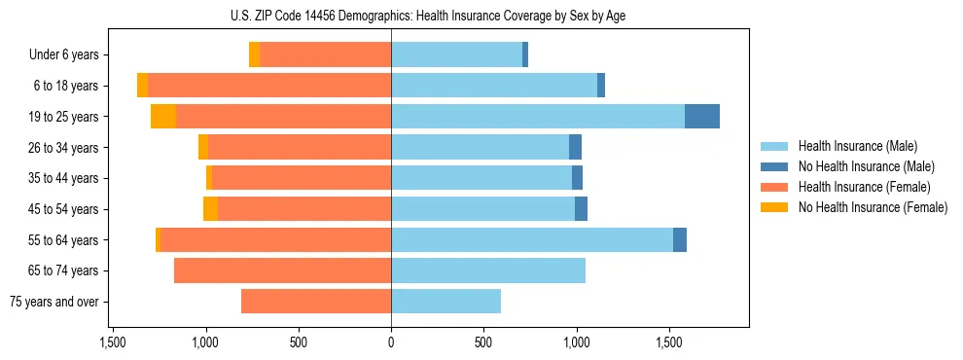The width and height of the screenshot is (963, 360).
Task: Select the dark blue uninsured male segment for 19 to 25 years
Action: pos(701,117)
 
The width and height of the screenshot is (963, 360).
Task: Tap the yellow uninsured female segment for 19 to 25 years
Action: pos(163,117)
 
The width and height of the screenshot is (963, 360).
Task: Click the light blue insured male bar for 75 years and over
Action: pos(446,302)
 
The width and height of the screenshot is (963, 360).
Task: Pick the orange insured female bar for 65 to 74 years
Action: pos(282,270)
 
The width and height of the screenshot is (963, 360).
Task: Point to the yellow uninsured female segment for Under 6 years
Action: pos(254,54)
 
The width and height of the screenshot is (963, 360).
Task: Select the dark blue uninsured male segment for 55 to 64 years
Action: pos(679,239)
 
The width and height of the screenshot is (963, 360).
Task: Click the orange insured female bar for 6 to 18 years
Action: pos(269,86)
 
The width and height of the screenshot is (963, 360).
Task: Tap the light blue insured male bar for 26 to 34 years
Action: pos(480,147)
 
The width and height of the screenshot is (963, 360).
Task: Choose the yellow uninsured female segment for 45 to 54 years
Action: pos(210,209)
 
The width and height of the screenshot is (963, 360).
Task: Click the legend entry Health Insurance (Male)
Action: pos(857,146)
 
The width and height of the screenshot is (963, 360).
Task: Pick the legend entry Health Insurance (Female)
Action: pos(864,187)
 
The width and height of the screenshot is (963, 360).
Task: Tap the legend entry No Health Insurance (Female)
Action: pos(873,207)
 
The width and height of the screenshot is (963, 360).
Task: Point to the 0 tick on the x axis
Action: pos(391,342)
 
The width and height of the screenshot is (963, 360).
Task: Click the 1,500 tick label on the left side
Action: pos(113,342)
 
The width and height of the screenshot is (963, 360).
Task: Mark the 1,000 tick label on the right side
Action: pos(576,342)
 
